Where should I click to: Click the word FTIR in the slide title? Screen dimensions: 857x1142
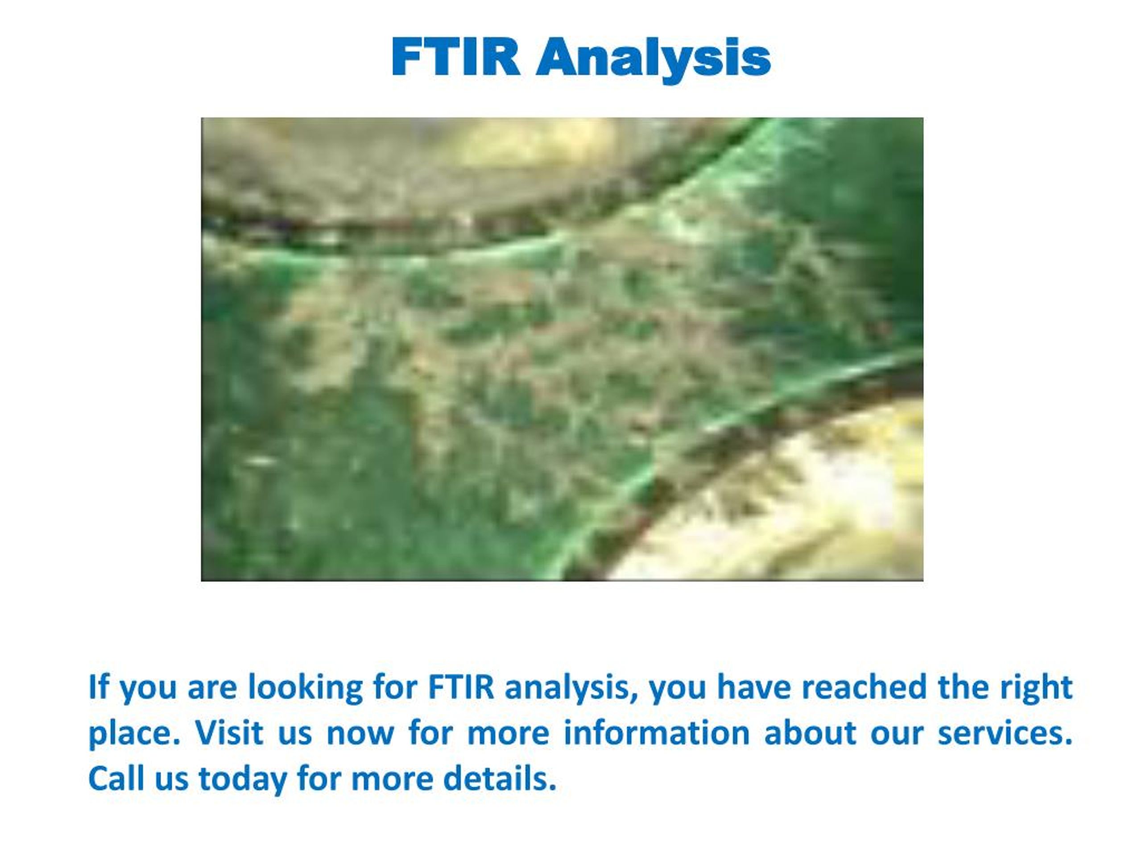point(455,57)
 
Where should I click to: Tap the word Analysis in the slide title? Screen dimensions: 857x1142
point(653,58)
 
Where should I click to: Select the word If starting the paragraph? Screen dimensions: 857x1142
point(99,687)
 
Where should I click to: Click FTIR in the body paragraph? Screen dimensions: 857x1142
point(461,687)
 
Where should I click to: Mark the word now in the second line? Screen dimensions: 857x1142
point(361,733)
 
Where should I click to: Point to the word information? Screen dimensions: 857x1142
point(656,732)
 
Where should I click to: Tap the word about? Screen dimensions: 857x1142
point(810,732)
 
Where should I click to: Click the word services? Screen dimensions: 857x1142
point(1005,732)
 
